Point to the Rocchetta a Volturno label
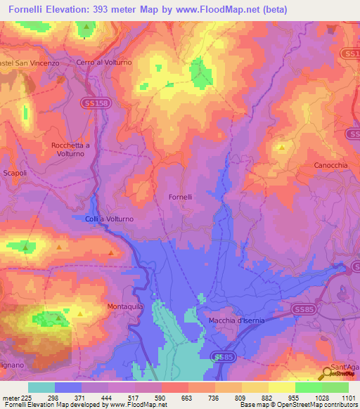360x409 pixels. (71, 150)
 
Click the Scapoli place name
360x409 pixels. (15, 173)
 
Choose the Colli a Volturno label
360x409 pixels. (109, 219)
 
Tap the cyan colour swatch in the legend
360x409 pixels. (41, 387)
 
